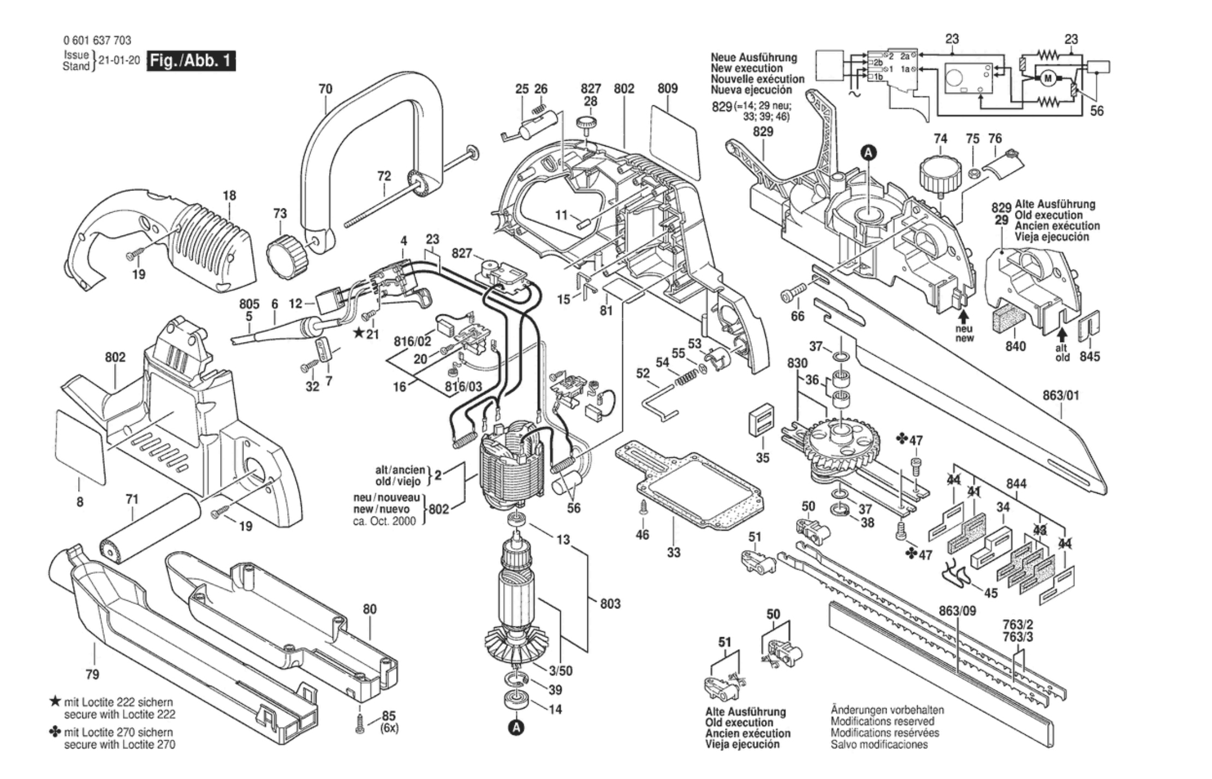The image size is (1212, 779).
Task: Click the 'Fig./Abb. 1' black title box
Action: [191, 61]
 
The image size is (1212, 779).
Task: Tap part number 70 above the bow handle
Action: [325, 88]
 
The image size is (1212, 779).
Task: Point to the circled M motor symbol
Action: [1047, 79]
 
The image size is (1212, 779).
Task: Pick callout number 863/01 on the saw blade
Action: [1061, 396]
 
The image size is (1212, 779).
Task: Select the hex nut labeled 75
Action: [972, 173]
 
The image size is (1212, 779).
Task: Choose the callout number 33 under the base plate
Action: [674, 552]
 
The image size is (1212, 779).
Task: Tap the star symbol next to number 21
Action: [358, 332]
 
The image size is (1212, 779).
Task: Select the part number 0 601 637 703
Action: [97, 40]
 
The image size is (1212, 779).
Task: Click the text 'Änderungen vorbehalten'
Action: [887, 710]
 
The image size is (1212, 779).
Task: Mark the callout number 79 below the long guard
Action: [92, 674]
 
